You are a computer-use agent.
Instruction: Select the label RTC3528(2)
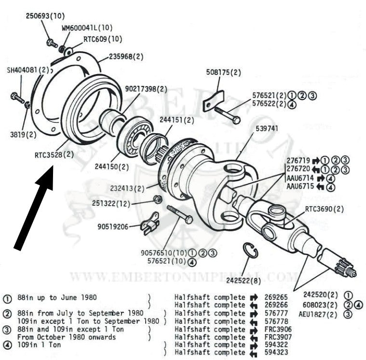coord(54,155)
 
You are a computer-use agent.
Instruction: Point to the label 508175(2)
coord(223,73)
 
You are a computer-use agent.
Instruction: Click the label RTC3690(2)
coord(324,209)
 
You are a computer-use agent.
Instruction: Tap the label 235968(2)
coord(126,56)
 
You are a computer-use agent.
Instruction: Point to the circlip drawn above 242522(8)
coord(251,252)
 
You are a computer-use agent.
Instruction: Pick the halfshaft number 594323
coord(275,352)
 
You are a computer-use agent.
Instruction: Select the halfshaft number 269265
coord(275,297)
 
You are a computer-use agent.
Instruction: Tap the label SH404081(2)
coord(27,69)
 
